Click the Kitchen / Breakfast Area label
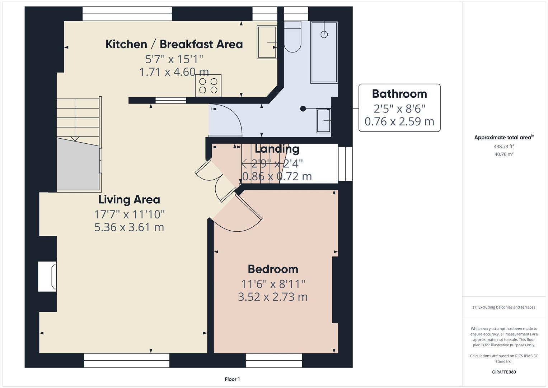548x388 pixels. [x=174, y=44]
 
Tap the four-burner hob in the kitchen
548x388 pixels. [x=208, y=86]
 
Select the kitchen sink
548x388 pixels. [x=267, y=42]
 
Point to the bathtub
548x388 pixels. [x=324, y=52]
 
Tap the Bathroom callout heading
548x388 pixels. [x=399, y=94]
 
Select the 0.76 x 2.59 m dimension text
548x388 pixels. [x=399, y=121]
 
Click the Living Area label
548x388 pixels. [x=129, y=199]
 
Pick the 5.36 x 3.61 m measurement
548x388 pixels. [x=129, y=227]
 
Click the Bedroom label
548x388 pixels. [x=273, y=269]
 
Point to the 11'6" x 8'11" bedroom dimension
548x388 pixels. [x=273, y=284]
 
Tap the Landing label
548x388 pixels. [x=277, y=149]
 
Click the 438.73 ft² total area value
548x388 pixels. [x=504, y=146]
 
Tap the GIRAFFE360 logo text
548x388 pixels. [x=504, y=372]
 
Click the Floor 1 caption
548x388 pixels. [x=232, y=379]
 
